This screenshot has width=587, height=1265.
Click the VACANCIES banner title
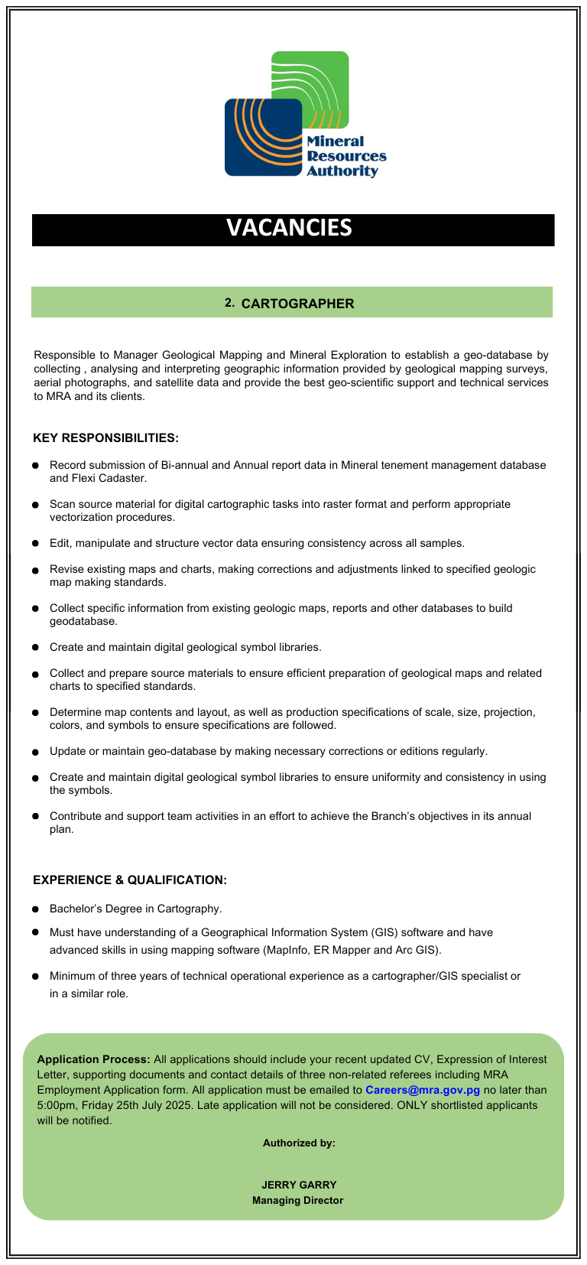(289, 228)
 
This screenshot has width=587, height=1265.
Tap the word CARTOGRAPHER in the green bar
(297, 304)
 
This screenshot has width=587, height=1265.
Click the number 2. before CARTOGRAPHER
(229, 303)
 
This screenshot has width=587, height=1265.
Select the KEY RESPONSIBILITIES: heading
(105, 438)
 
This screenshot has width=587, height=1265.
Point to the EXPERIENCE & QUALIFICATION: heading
(130, 880)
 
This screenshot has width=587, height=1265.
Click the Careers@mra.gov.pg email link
(422, 1090)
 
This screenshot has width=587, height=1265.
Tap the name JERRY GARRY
(299, 1185)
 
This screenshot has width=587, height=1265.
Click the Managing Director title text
(298, 1200)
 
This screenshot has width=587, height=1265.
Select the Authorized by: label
(299, 1143)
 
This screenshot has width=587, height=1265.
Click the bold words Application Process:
(93, 1059)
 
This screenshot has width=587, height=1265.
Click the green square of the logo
(321, 76)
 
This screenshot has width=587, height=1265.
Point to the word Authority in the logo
(342, 171)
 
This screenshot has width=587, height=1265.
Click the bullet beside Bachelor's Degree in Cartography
(35, 909)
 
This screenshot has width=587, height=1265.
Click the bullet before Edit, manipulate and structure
(35, 543)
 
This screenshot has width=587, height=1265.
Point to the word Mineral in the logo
(335, 141)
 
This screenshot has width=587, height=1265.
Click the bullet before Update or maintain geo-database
(35, 751)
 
